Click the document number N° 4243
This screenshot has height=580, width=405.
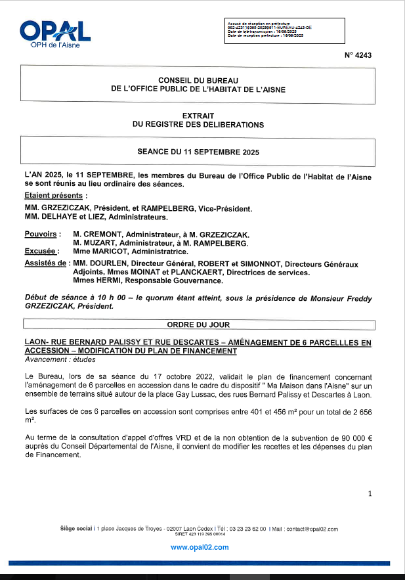click(358, 56)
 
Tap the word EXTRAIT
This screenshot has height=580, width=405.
click(198, 115)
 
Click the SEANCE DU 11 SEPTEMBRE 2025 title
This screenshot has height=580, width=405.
click(198, 151)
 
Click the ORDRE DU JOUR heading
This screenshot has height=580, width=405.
click(198, 324)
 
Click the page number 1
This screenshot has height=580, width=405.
click(370, 493)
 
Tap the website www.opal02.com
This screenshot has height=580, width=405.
click(200, 547)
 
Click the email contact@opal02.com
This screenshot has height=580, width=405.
click(312, 529)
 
